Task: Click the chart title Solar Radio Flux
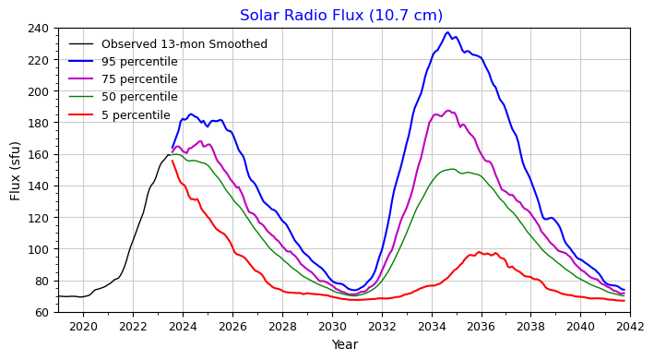pyautogui.click(x=341, y=15)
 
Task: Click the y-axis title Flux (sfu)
pyautogui.click(x=16, y=170)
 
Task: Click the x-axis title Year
pyautogui.click(x=344, y=344)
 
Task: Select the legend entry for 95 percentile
pyautogui.click(x=139, y=62)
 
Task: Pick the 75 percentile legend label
pyautogui.click(x=139, y=79)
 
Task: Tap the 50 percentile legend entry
pyautogui.click(x=139, y=97)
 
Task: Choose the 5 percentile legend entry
pyautogui.click(x=136, y=114)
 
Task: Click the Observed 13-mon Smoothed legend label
pyautogui.click(x=184, y=44)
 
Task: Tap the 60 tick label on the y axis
pyautogui.click(x=42, y=313)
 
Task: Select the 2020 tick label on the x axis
pyautogui.click(x=83, y=325)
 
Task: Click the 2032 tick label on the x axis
pyautogui.click(x=382, y=325)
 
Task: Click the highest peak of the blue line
pyautogui.click(x=447, y=33)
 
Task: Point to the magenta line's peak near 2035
pyautogui.click(x=448, y=111)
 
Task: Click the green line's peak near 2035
pyautogui.click(x=451, y=169)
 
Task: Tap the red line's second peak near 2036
pyautogui.click(x=479, y=252)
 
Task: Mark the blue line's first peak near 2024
pyautogui.click(x=191, y=114)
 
